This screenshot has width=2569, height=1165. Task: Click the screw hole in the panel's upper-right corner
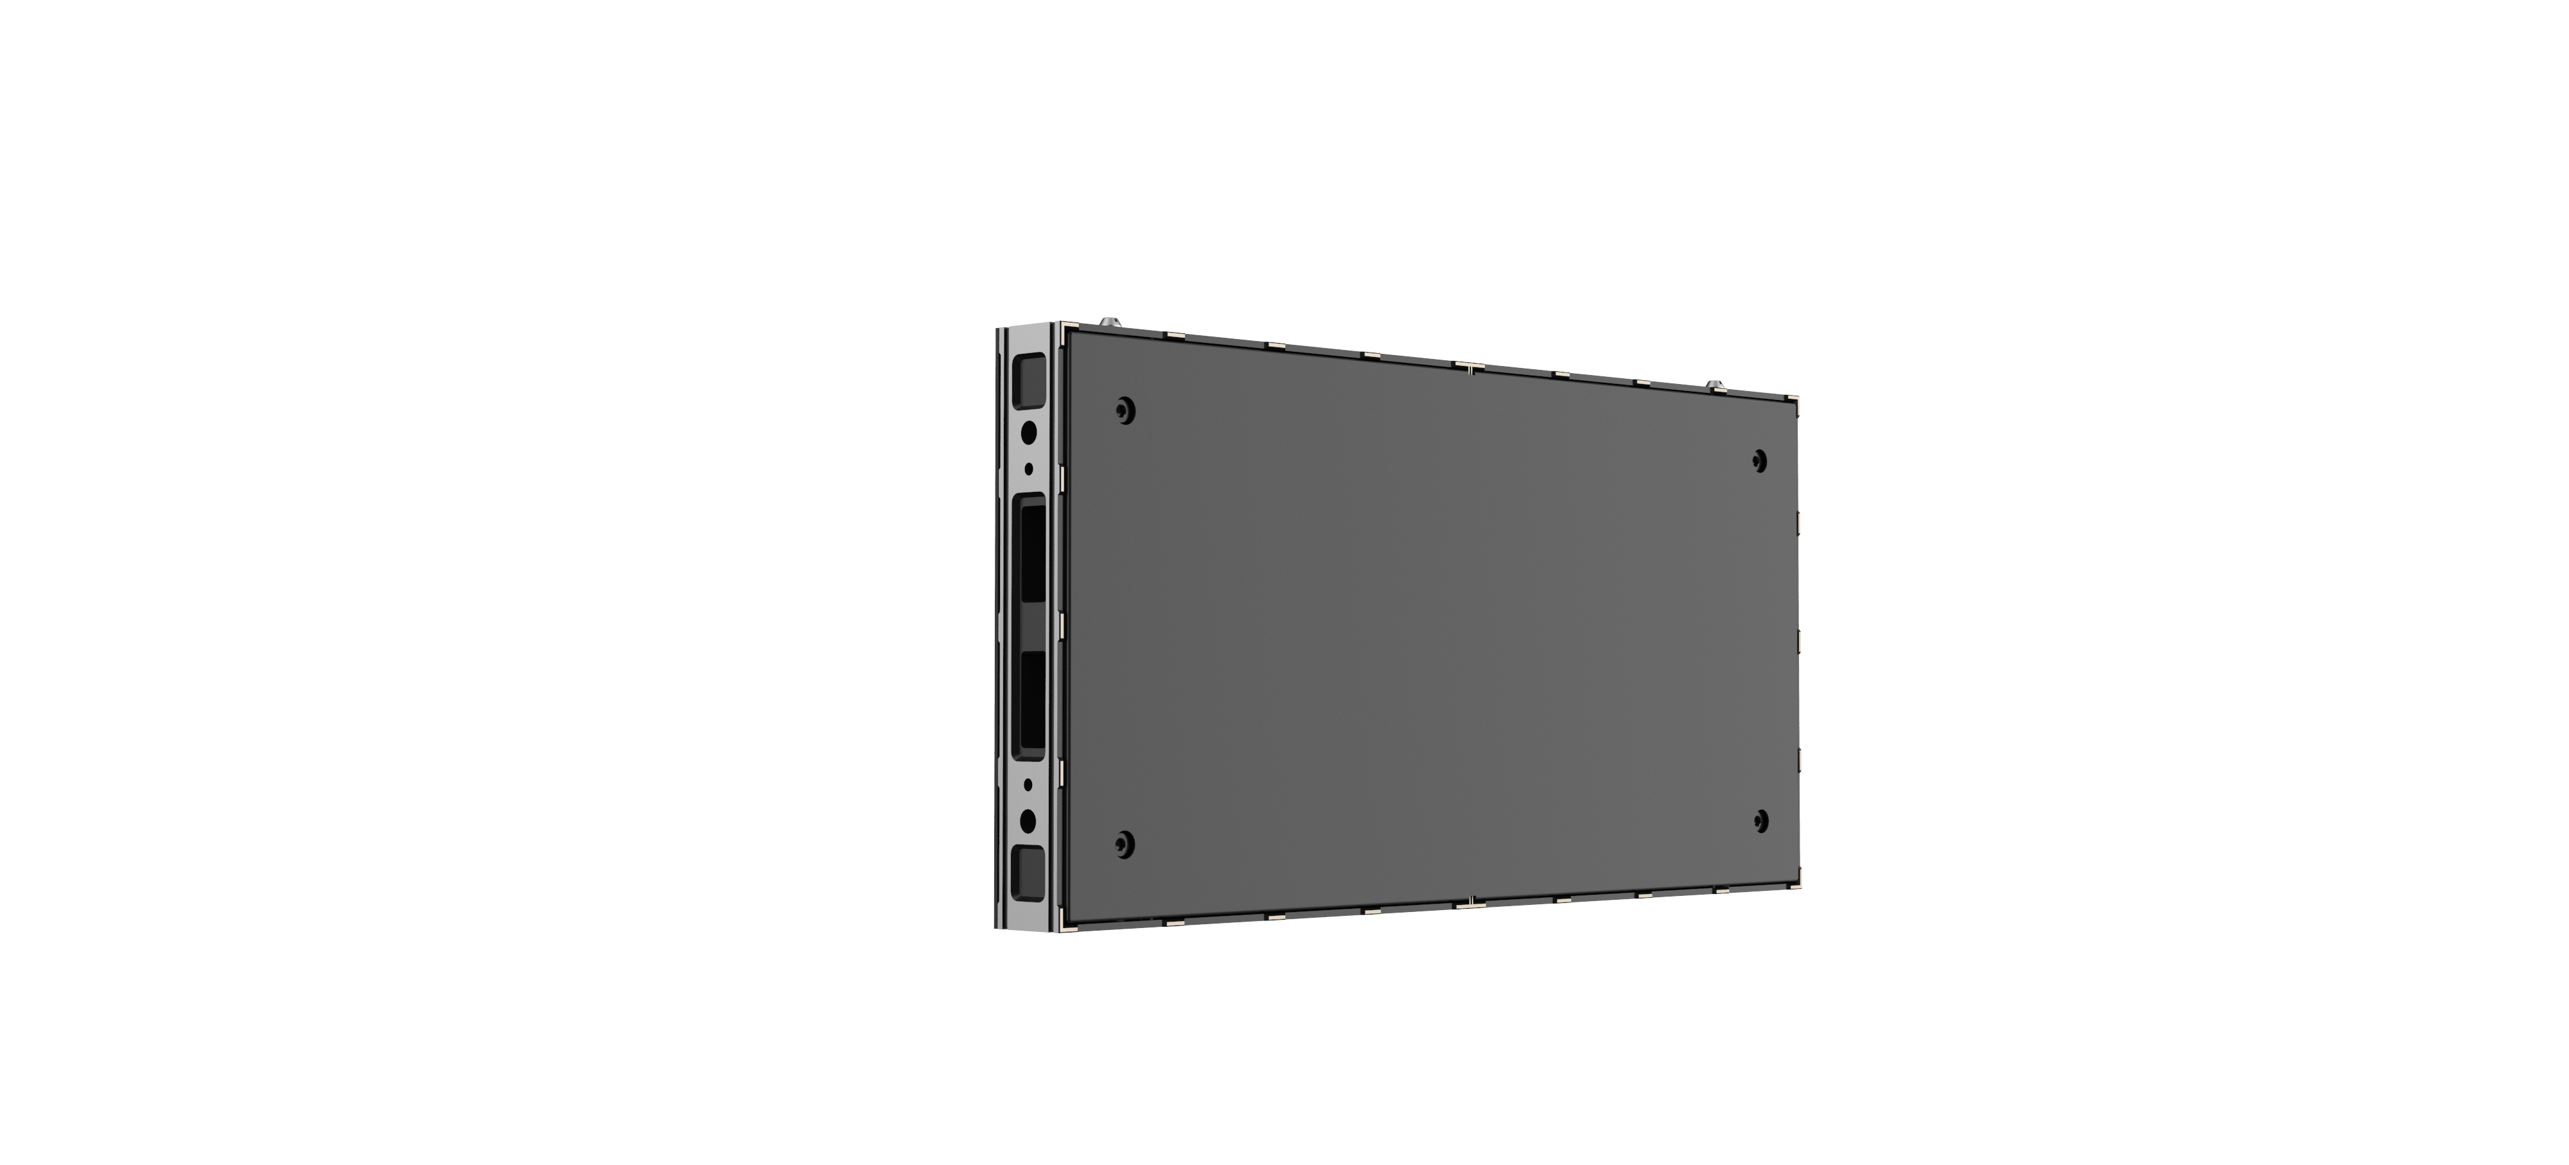pos(1759,460)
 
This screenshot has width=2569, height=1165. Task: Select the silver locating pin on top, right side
pos(1714,384)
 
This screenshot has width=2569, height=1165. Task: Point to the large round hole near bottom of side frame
pos(1029,821)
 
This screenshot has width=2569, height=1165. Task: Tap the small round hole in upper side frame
pos(1029,468)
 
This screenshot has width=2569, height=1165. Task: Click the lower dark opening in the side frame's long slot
pos(1031,701)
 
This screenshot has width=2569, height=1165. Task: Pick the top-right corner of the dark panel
pos(1795,400)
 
